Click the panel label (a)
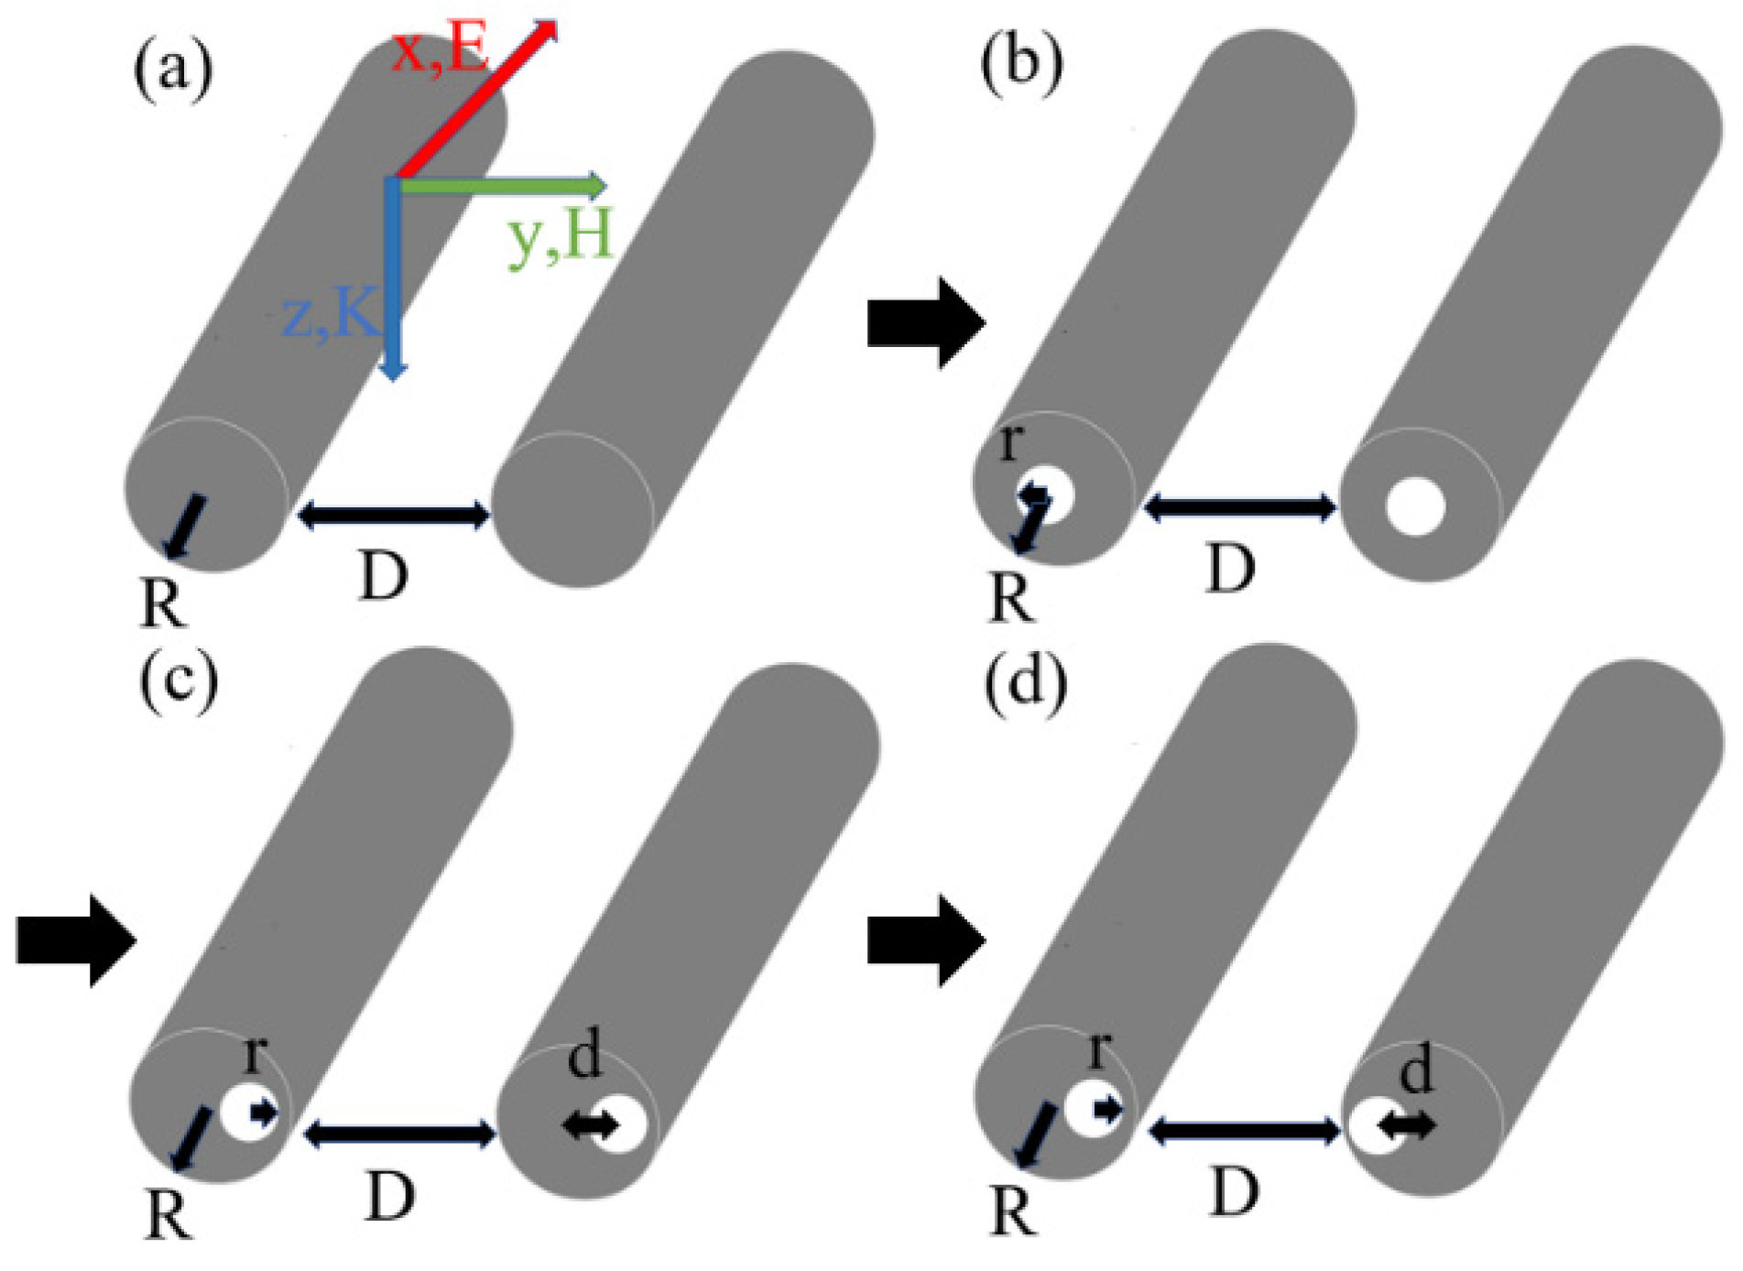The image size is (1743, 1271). click(x=173, y=70)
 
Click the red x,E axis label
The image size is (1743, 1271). click(x=441, y=50)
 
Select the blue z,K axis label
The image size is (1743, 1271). click(x=332, y=314)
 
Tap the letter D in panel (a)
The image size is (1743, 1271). click(x=383, y=577)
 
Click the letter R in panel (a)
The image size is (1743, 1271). click(x=164, y=604)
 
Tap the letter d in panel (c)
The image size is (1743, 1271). click(x=585, y=1055)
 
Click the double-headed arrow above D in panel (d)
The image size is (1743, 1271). click(x=1244, y=1132)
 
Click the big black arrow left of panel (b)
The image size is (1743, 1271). click(x=925, y=323)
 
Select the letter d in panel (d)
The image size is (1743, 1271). click(x=1417, y=1070)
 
